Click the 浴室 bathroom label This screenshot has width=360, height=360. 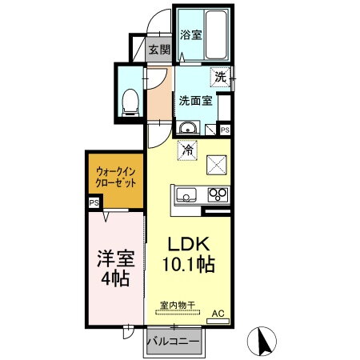click(190, 34)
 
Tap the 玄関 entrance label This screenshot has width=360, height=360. click(159, 50)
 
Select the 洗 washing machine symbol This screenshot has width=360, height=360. click(221, 78)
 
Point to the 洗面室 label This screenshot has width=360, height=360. click(195, 101)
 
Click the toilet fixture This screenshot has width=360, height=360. click(130, 100)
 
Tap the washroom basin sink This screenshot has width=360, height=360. click(187, 129)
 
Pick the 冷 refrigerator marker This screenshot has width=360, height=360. click(187, 149)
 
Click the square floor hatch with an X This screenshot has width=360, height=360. click(218, 164)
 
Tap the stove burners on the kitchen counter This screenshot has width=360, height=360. click(218, 194)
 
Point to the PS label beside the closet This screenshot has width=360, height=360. click(94, 204)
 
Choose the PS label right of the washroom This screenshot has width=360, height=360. click(226, 130)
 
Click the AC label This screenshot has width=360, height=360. click(217, 314)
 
